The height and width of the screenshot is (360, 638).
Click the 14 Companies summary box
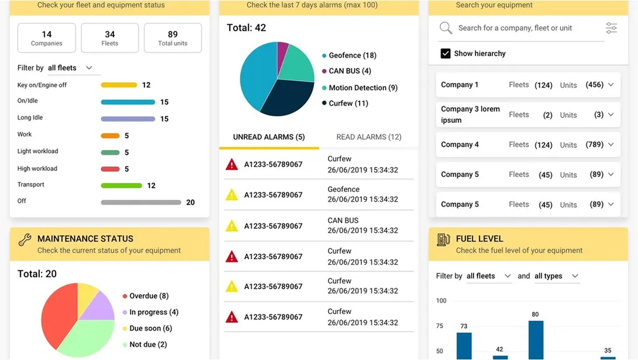pos(47,38)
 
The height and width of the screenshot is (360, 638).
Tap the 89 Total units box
pos(173,38)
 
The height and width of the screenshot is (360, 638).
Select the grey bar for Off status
pos(141,202)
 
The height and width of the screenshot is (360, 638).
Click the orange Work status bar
pos(110,136)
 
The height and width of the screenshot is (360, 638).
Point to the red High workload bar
pos(110,169)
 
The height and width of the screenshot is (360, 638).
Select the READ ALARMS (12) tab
pos(368,137)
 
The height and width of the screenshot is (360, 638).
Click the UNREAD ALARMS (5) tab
pos(269,137)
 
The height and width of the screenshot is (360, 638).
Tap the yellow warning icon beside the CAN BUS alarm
pos(232,225)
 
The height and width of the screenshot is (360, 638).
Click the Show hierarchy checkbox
pos(445,54)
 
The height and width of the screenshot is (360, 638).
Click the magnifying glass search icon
pos(445,28)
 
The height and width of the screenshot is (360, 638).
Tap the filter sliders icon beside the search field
pos(611,28)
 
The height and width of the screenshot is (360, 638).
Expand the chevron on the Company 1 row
pos(611,85)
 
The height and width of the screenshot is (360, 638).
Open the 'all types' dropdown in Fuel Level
pos(556,276)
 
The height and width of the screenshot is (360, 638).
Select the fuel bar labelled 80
pos(536,339)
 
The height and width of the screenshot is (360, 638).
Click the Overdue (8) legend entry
pos(148,296)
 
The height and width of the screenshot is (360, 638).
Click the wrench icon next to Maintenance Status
pos(24,239)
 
